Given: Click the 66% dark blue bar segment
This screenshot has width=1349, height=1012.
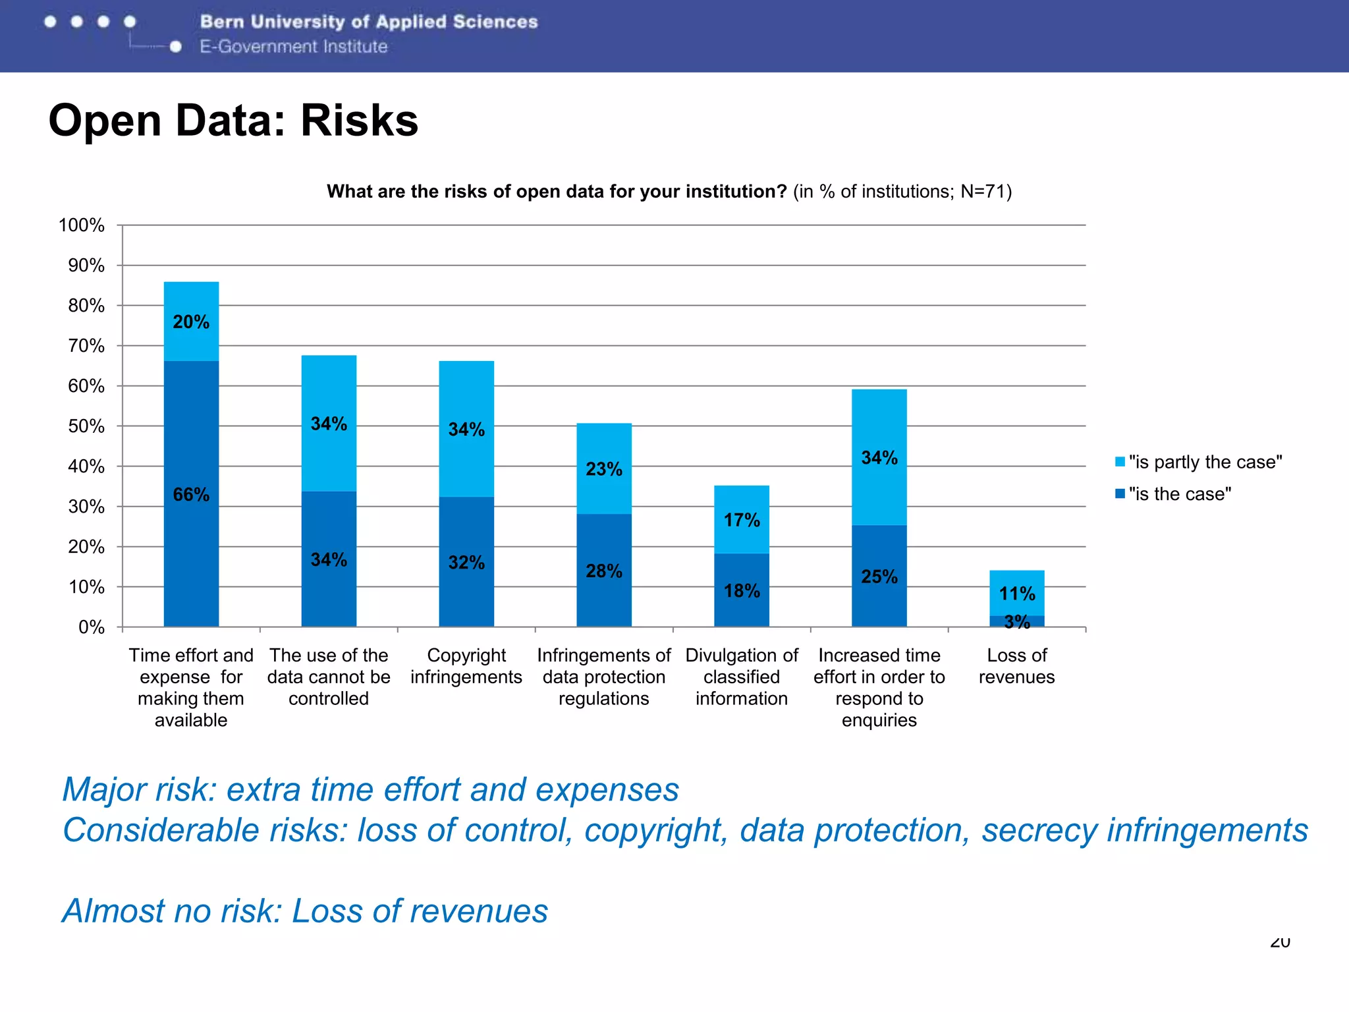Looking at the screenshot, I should tap(191, 493).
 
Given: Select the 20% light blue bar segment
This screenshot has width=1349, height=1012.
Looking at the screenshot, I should tap(191, 321).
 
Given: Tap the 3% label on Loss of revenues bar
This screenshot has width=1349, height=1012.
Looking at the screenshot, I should tap(1017, 621).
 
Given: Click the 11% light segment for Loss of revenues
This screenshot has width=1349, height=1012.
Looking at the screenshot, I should tap(1017, 592).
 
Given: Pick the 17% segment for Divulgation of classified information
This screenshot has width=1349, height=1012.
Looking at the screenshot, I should tap(742, 519).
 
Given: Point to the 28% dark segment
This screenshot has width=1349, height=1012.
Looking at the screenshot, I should tap(604, 570).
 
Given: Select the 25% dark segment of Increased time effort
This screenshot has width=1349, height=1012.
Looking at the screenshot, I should tap(879, 576).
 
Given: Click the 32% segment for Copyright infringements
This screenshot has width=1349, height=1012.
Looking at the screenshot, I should tap(466, 561).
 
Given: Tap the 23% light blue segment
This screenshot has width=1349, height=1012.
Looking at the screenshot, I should tap(604, 468).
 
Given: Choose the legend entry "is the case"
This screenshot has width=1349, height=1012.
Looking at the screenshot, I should tap(1179, 494).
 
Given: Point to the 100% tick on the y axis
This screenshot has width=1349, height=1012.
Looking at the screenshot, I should tap(82, 225).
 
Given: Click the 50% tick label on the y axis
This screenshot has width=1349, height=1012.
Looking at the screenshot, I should tap(86, 426).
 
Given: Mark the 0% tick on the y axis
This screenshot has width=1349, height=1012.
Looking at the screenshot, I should tap(91, 627).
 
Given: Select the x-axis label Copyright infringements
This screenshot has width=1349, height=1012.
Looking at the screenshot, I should tap(466, 666).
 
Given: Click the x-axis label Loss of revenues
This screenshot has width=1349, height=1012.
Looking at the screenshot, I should tap(1017, 666).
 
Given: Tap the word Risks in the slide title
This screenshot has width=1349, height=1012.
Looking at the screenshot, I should tap(359, 121).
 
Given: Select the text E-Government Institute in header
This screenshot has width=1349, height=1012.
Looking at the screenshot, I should tap(294, 47).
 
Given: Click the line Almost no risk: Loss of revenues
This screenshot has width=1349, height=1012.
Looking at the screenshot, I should tap(305, 911).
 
